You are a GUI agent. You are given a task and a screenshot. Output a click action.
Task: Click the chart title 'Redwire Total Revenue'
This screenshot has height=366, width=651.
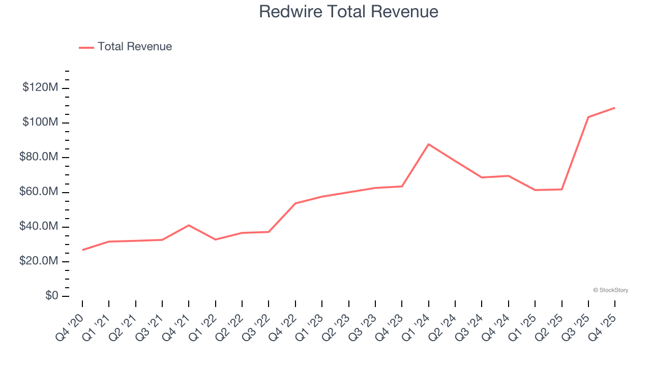pos(348,12)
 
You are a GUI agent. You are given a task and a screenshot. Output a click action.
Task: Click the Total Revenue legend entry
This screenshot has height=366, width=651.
pos(126,47)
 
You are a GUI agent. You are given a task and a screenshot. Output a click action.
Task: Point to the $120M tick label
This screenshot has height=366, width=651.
pos(40,88)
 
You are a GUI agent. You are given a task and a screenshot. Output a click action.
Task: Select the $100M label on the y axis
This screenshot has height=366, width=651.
pos(40,123)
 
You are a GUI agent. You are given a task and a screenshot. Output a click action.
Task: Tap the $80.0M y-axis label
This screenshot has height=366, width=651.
pos(39,157)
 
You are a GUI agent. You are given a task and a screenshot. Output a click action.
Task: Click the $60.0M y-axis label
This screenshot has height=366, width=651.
pos(39,192)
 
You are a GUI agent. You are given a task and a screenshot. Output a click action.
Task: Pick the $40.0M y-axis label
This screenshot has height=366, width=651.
pos(39,227)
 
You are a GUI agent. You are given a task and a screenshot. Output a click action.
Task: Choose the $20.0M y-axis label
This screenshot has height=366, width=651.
pos(39,261)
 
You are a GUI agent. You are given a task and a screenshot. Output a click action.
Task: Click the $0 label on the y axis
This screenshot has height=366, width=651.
pos(52,296)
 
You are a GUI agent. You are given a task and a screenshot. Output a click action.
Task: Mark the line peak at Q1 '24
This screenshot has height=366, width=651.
pos(429,144)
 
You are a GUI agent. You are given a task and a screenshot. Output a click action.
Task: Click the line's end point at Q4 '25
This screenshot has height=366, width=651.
pos(615,108)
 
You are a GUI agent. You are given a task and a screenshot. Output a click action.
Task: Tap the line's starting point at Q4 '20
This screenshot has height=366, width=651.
pos(82,250)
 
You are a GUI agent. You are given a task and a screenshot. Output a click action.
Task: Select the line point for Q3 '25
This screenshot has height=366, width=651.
pos(588,117)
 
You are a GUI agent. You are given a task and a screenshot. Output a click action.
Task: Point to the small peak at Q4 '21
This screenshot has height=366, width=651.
pos(189,225)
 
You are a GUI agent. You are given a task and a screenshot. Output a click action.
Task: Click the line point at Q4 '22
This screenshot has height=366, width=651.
pos(295,203)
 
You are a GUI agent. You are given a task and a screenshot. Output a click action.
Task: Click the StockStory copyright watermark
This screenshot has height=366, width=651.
pos(610,290)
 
